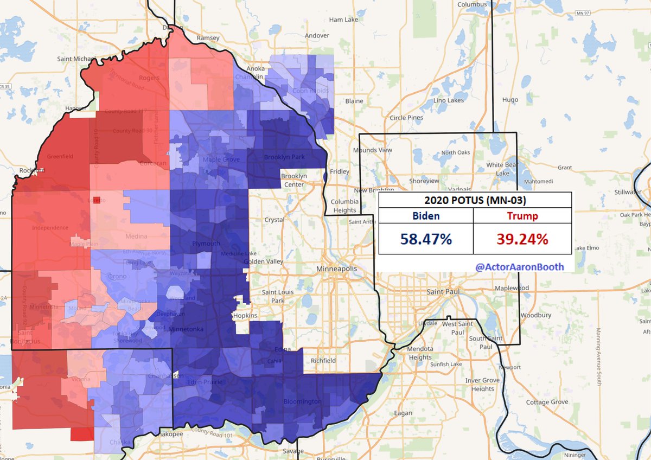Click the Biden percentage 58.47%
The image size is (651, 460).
pyautogui.click(x=426, y=239)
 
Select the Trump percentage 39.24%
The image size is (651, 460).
pyautogui.click(x=522, y=239)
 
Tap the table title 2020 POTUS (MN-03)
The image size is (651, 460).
pyautogui.click(x=475, y=200)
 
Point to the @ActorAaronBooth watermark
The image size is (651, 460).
pyautogui.click(x=519, y=266)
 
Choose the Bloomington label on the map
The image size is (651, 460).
pyautogui.click(x=303, y=402)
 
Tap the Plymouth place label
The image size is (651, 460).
pyautogui.click(x=206, y=244)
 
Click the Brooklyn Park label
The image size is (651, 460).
pyautogui.click(x=284, y=157)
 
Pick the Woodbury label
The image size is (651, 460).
pyautogui.click(x=536, y=315)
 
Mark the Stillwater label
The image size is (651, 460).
pyautogui.click(x=628, y=191)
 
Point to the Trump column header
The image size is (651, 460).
pyautogui.click(x=522, y=216)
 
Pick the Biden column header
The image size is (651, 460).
pyautogui.click(x=426, y=216)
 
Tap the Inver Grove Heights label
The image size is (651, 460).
pyautogui.click(x=482, y=385)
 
